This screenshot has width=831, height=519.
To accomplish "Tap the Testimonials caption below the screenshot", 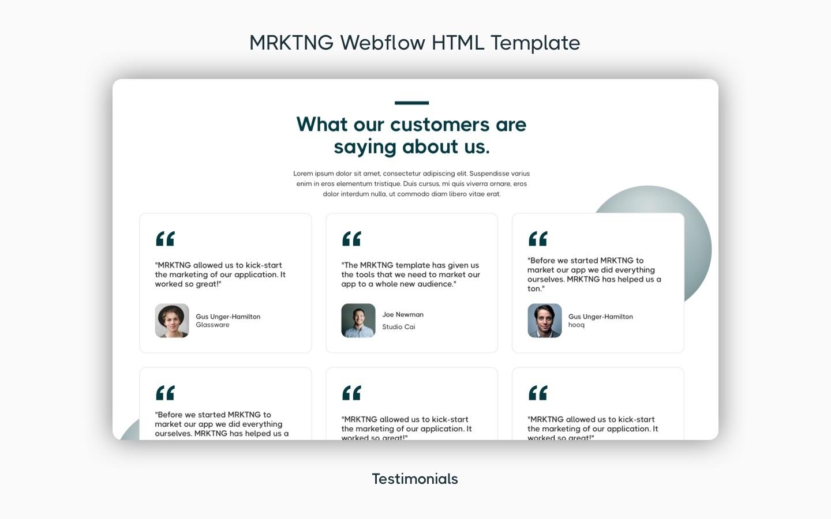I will click(x=415, y=479).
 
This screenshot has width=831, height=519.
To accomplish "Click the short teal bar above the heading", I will click(x=411, y=103).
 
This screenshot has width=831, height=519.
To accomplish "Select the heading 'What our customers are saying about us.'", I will click(x=411, y=136).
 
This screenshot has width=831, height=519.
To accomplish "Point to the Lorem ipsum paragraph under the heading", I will click(x=411, y=183).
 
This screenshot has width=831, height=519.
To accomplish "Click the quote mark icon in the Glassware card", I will click(x=165, y=238).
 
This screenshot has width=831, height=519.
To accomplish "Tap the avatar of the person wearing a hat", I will click(x=172, y=321).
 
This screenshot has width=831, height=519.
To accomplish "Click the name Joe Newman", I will click(x=403, y=314).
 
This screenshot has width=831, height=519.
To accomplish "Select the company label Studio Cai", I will click(x=398, y=327).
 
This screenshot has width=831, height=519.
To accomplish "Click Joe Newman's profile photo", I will click(x=358, y=321).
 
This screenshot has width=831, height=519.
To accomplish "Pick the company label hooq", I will click(x=576, y=325).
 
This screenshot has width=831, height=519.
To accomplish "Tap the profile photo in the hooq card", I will click(x=545, y=321).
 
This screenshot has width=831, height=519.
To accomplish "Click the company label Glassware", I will click(x=212, y=325).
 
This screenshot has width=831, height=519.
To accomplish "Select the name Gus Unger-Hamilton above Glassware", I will click(x=228, y=317).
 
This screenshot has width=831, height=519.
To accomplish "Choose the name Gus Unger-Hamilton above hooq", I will click(x=600, y=317).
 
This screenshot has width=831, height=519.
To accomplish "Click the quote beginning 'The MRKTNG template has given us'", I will click(x=410, y=274).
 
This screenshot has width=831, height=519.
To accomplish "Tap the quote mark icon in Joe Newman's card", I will click(x=351, y=238).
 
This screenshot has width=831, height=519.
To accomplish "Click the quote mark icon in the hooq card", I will click(x=538, y=238).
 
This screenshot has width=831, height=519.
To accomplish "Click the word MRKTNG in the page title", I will click(x=291, y=43).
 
